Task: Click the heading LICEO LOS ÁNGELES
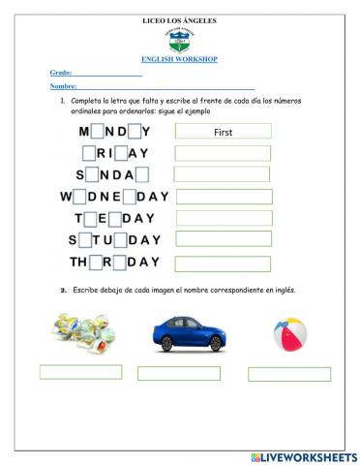click(179, 19)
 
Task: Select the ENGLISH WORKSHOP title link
click(179, 59)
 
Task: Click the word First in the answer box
click(223, 131)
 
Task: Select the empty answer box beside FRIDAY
click(223, 153)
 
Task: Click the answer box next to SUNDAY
click(223, 174)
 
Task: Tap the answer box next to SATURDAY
click(223, 239)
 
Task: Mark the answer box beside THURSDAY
click(223, 263)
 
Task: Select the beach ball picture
click(289, 333)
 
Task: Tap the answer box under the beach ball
click(288, 374)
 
